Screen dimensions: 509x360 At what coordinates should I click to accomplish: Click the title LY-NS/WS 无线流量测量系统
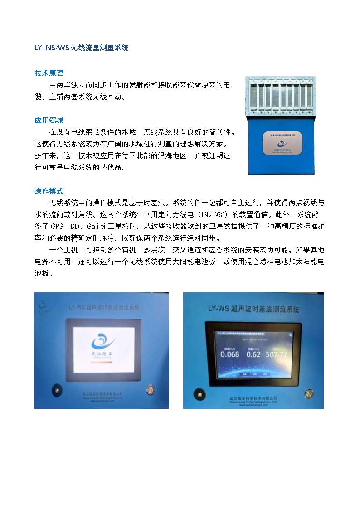(82, 48)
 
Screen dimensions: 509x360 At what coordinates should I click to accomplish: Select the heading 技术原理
(49, 73)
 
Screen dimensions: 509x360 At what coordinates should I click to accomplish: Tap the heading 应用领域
(49, 121)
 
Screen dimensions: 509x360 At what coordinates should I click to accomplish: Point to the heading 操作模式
(49, 191)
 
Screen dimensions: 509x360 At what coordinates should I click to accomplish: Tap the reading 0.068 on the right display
(229, 354)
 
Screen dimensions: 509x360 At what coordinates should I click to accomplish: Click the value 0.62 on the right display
(253, 354)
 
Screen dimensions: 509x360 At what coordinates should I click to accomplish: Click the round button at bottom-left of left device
(56, 388)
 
